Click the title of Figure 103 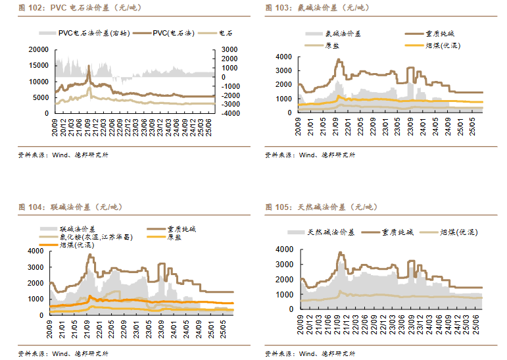318,8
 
